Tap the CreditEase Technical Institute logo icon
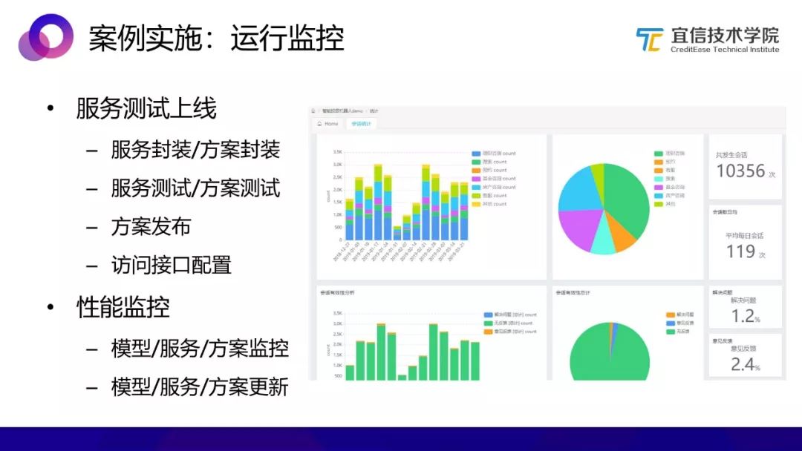click(x=649, y=39)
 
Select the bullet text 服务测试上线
click(x=146, y=109)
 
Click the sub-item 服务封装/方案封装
click(x=195, y=150)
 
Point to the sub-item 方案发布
click(x=151, y=226)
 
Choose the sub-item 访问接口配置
click(x=171, y=265)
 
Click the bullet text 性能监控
click(x=123, y=306)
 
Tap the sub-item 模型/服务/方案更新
click(x=200, y=386)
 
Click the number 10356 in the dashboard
click(x=740, y=171)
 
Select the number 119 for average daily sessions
click(x=740, y=251)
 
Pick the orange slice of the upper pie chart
click(x=620, y=235)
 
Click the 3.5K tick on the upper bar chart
click(x=337, y=151)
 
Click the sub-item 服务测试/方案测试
click(x=195, y=188)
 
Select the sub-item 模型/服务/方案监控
click(x=200, y=348)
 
